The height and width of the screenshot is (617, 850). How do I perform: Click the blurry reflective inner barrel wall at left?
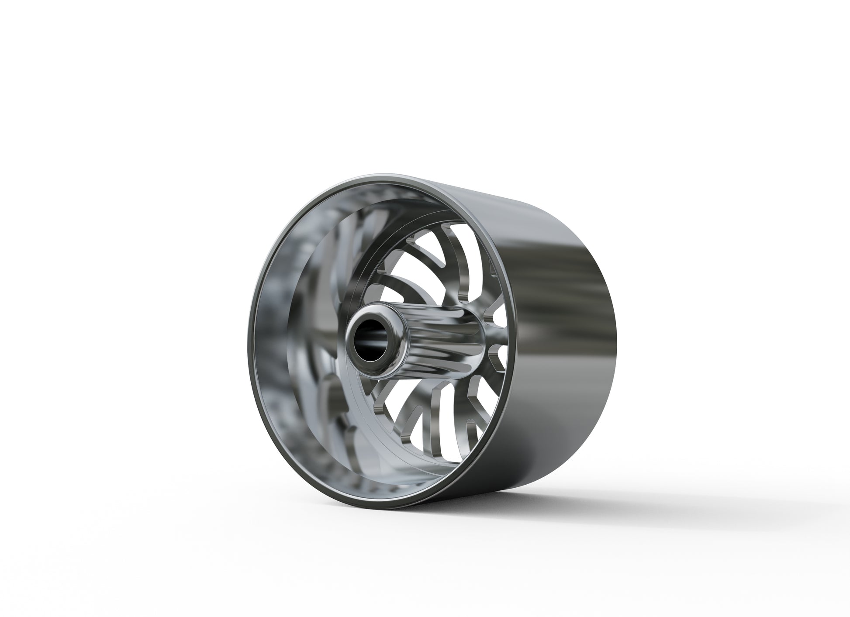pyautogui.click(x=280, y=306)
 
